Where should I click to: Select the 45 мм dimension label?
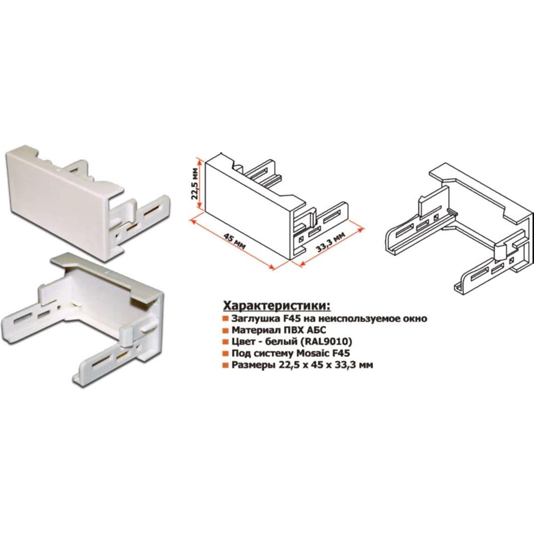pyautogui.click(x=234, y=241)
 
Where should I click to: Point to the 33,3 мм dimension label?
pyautogui.click(x=331, y=241)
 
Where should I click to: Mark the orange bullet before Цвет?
pyautogui.click(x=225, y=342)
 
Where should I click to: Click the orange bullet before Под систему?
pyautogui.click(x=225, y=354)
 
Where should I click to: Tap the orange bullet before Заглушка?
pyautogui.click(x=225, y=319)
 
